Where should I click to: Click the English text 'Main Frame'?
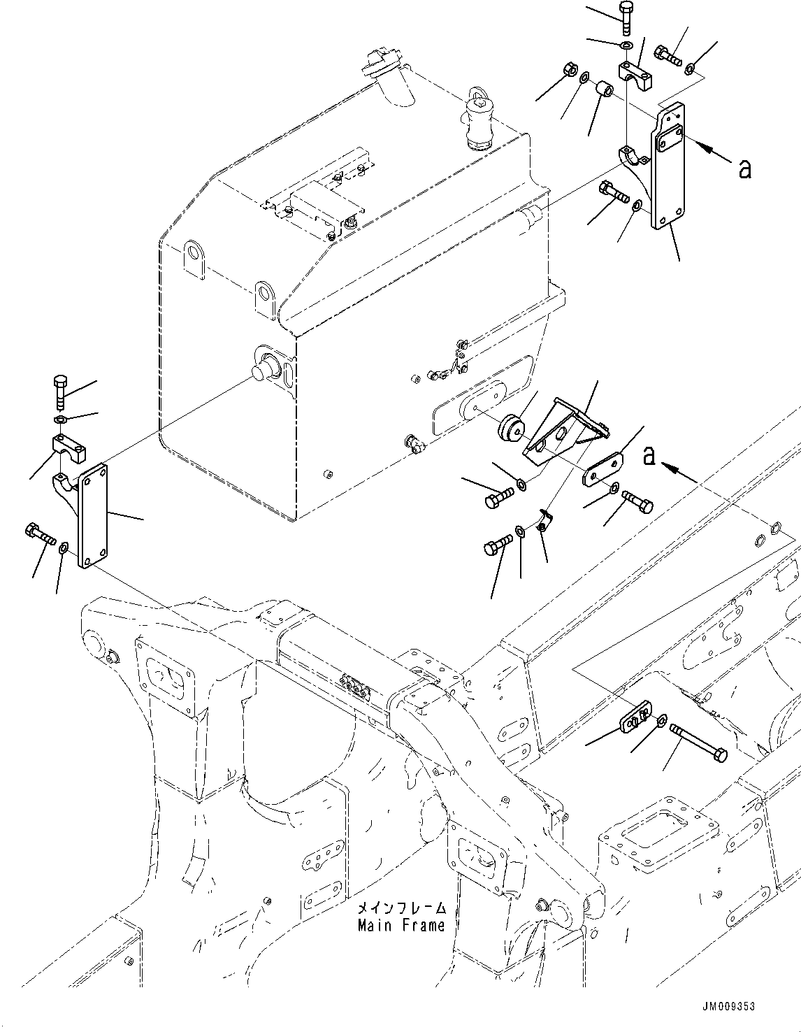(401, 926)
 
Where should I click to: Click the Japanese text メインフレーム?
(401, 909)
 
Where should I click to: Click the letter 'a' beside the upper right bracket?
(745, 168)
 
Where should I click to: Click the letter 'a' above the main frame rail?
(649, 456)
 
